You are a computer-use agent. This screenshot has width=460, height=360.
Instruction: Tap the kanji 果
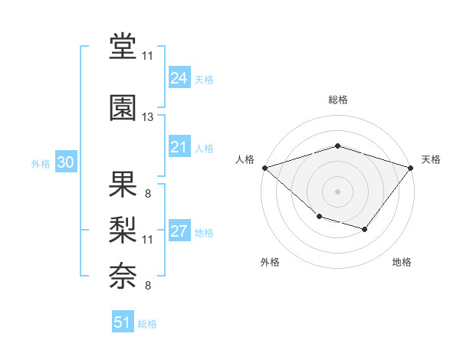[123, 183]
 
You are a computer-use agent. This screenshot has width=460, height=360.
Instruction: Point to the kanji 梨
[123, 228]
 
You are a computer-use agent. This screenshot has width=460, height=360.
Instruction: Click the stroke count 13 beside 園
[148, 117]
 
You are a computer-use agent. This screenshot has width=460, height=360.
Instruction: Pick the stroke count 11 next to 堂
[148, 57]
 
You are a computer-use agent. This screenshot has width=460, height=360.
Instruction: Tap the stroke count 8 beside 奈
[148, 286]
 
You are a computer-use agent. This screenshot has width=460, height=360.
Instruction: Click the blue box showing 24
[179, 77]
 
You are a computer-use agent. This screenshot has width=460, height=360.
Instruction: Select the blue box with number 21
[179, 147]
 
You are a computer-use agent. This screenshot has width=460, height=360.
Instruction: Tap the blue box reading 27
[179, 231]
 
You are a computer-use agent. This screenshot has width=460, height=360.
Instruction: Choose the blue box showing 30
[65, 162]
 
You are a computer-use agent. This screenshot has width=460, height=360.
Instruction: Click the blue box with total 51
[123, 322]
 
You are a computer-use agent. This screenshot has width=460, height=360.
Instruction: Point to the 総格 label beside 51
[148, 324]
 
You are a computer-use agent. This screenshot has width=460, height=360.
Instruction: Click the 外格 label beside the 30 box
[41, 163]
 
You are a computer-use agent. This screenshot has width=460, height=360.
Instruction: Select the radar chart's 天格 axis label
[431, 159]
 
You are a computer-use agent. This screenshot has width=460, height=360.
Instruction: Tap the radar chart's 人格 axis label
[245, 159]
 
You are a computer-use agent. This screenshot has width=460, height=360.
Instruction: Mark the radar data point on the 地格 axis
[365, 229]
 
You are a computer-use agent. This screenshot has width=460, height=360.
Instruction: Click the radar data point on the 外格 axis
[319, 218]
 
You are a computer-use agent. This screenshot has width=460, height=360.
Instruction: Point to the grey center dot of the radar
[337, 191]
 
